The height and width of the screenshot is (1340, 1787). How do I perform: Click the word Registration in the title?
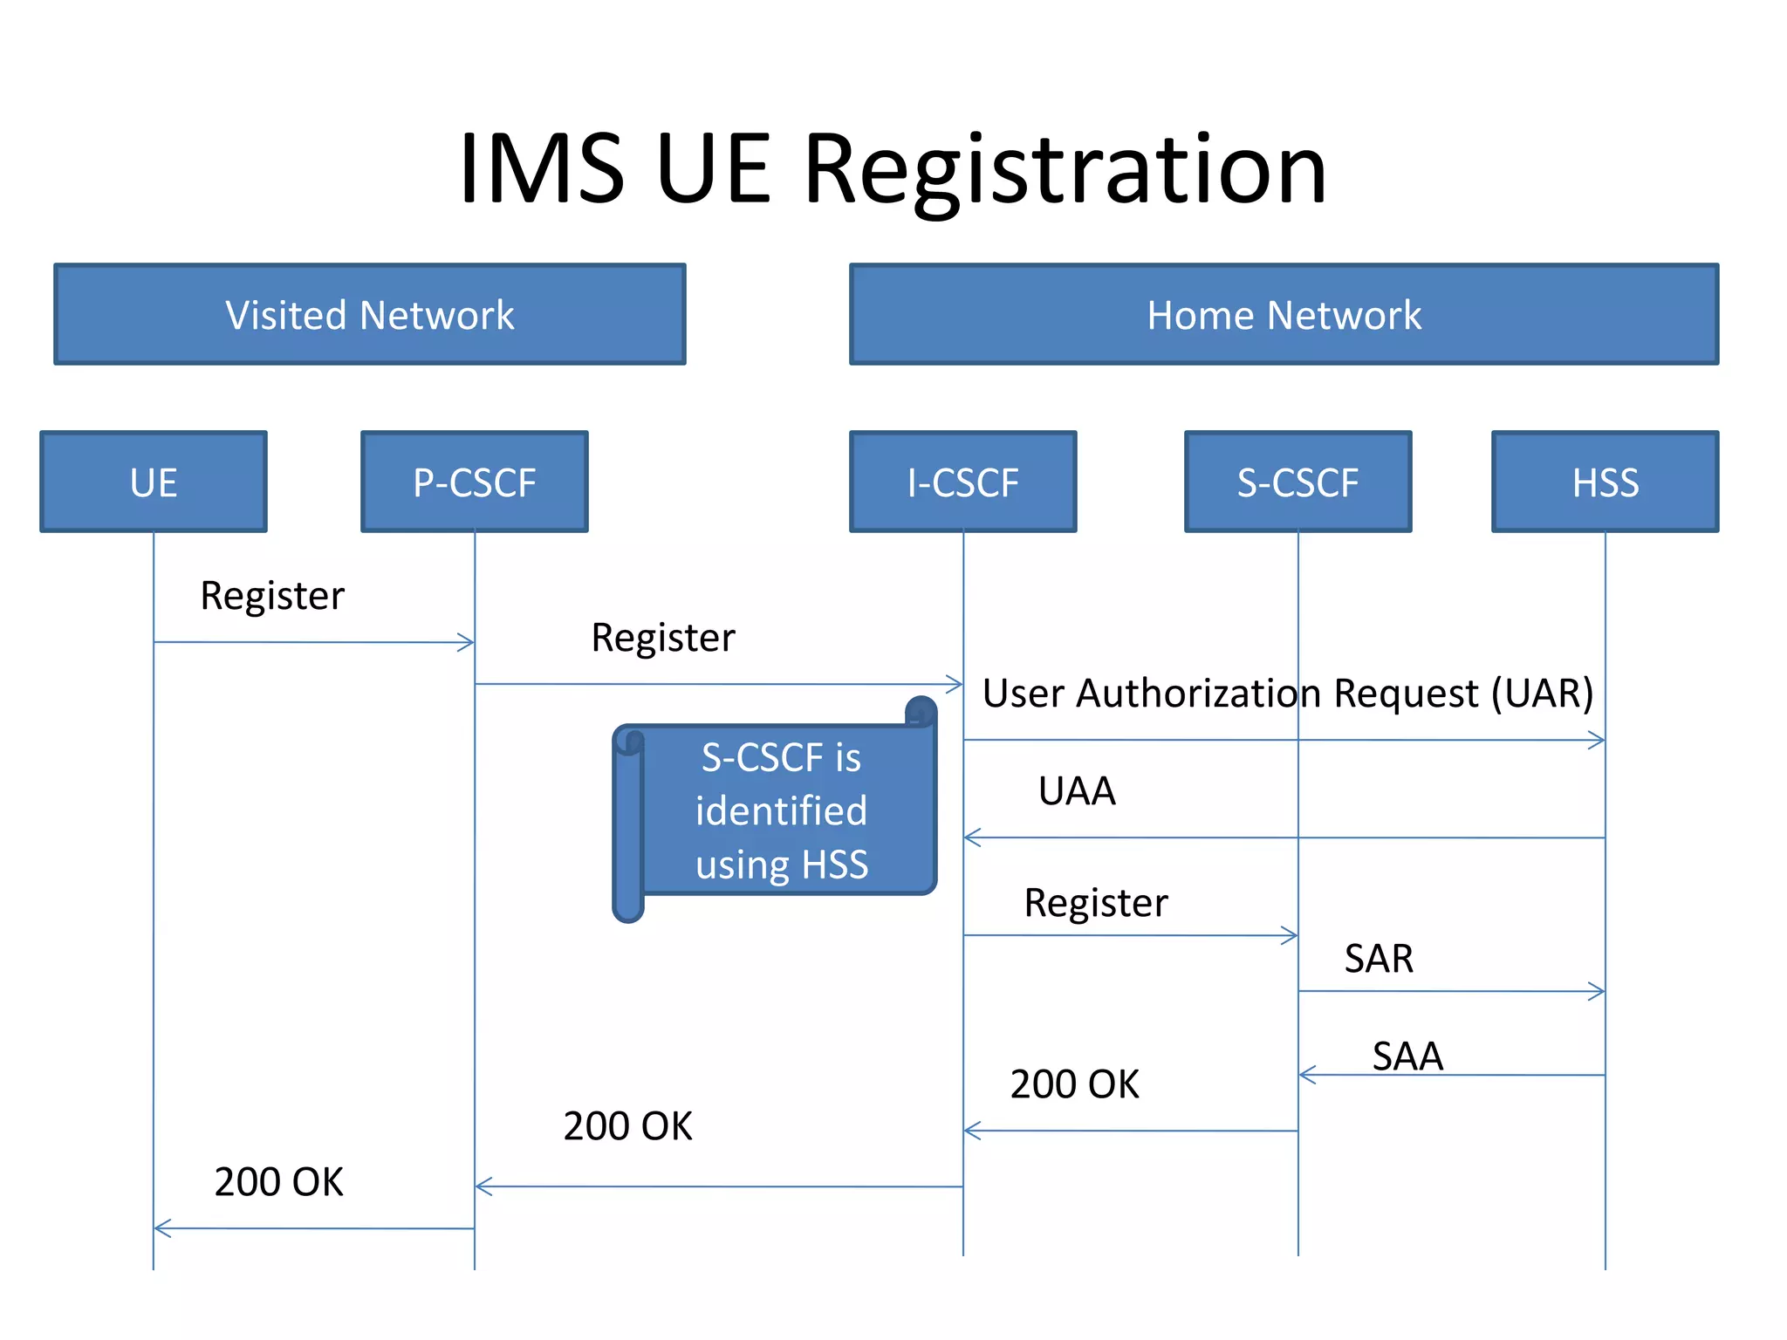[1065, 170]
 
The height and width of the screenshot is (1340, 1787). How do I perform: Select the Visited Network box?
[370, 315]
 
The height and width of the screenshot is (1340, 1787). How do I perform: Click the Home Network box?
[1284, 315]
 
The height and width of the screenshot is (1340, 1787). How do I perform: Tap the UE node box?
[154, 482]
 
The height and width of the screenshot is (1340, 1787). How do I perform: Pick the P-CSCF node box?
[475, 482]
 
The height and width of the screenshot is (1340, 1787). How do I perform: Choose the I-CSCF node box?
[963, 482]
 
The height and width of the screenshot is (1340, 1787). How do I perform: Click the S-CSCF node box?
[1297, 482]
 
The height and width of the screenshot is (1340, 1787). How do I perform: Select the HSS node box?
[1605, 482]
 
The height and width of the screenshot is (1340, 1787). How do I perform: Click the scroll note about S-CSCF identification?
[781, 811]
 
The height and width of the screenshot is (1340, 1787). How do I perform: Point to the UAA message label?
[1077, 791]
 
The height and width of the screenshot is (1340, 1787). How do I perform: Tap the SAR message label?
[1379, 959]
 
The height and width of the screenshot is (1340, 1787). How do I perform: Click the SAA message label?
[1407, 1056]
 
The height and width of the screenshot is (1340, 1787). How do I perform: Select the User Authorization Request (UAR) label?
[1287, 694]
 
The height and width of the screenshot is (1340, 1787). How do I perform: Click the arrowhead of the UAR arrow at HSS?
[1599, 741]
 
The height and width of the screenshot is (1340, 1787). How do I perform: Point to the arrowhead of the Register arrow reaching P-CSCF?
[468, 643]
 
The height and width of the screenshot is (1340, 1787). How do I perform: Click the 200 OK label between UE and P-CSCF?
[278, 1182]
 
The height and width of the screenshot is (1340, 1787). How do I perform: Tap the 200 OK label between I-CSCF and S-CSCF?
[1074, 1084]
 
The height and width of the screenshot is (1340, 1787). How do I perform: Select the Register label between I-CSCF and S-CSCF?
[1095, 903]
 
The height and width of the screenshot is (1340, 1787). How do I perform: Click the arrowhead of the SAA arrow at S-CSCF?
[1305, 1075]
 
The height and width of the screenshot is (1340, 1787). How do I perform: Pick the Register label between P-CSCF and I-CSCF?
[662, 638]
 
